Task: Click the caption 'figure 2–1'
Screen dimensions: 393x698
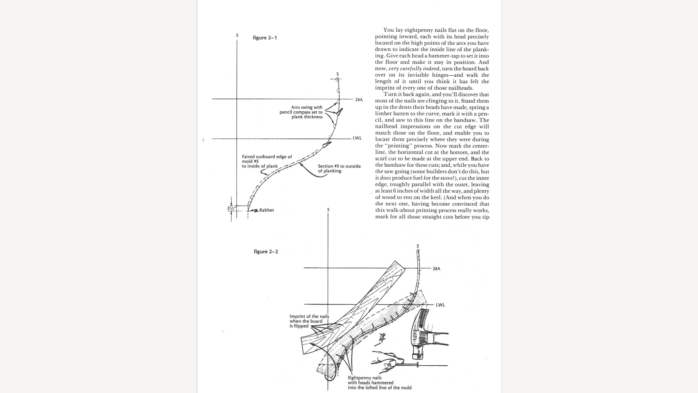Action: [x=265, y=38]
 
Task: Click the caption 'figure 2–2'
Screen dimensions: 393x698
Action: [x=266, y=252]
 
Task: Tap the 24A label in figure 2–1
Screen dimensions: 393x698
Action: [x=359, y=100]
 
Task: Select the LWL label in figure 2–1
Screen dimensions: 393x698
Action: [x=357, y=138]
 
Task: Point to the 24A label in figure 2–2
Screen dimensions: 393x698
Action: [x=436, y=269]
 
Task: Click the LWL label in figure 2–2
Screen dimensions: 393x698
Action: [x=440, y=305]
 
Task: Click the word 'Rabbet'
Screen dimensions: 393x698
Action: [x=266, y=210]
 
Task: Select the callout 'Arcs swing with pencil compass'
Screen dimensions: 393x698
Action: [x=301, y=112]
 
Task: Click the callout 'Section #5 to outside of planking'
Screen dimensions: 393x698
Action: [x=339, y=168]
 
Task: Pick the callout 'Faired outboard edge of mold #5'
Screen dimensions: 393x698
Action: [x=266, y=161]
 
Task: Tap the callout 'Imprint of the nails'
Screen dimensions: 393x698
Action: [x=309, y=321]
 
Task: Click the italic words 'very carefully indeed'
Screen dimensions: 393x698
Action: [x=414, y=69]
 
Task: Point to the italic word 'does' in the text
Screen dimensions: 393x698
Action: [x=385, y=178]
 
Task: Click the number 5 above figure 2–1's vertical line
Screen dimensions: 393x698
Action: [x=237, y=35]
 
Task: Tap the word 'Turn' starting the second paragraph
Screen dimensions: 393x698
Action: [x=390, y=95]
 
